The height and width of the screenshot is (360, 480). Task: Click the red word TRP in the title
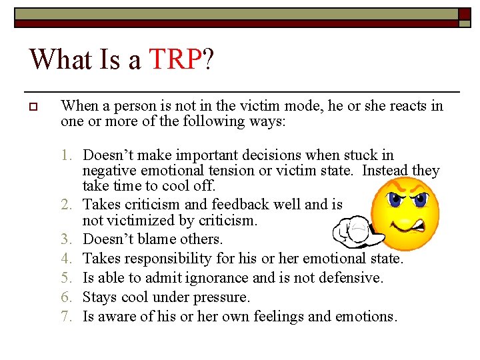click(x=175, y=59)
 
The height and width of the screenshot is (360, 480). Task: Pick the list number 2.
click(x=66, y=205)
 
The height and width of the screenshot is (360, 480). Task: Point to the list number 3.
click(x=66, y=239)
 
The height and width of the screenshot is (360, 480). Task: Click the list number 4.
click(x=66, y=258)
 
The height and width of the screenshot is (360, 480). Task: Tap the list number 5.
click(x=66, y=277)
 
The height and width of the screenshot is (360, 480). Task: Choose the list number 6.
click(x=66, y=297)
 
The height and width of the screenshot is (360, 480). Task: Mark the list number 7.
click(x=66, y=316)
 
